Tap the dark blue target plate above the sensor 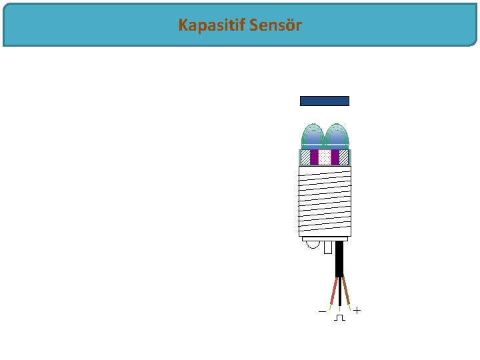click(325, 101)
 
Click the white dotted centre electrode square click(325, 157)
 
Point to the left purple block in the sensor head click(315, 157)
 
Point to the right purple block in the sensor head click(335, 157)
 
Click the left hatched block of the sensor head click(305, 157)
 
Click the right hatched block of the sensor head click(344, 157)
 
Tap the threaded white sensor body click(325, 200)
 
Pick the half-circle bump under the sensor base click(313, 244)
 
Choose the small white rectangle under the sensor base click(327, 247)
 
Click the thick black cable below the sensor click(339, 259)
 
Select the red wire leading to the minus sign click(334, 291)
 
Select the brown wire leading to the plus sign click(347, 291)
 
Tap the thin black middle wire click(340, 293)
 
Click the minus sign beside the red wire click(322, 311)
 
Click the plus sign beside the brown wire click(357, 311)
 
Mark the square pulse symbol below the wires click(340, 317)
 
